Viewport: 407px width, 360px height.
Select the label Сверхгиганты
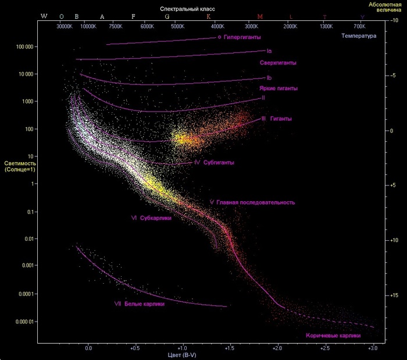point(279,62)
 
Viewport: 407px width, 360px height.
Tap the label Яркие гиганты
point(279,88)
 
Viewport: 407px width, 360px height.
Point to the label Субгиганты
point(219,162)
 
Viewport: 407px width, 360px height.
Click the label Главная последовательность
point(256,202)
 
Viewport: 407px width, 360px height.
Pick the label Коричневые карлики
point(333,336)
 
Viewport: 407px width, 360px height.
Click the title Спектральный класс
point(187,10)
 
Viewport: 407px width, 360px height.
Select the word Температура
point(359,35)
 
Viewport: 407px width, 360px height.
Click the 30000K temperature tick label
point(65,27)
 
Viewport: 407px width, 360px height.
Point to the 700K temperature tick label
point(359,27)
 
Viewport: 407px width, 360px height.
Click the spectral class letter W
point(44,16)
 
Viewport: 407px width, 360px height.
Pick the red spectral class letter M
point(251,16)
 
